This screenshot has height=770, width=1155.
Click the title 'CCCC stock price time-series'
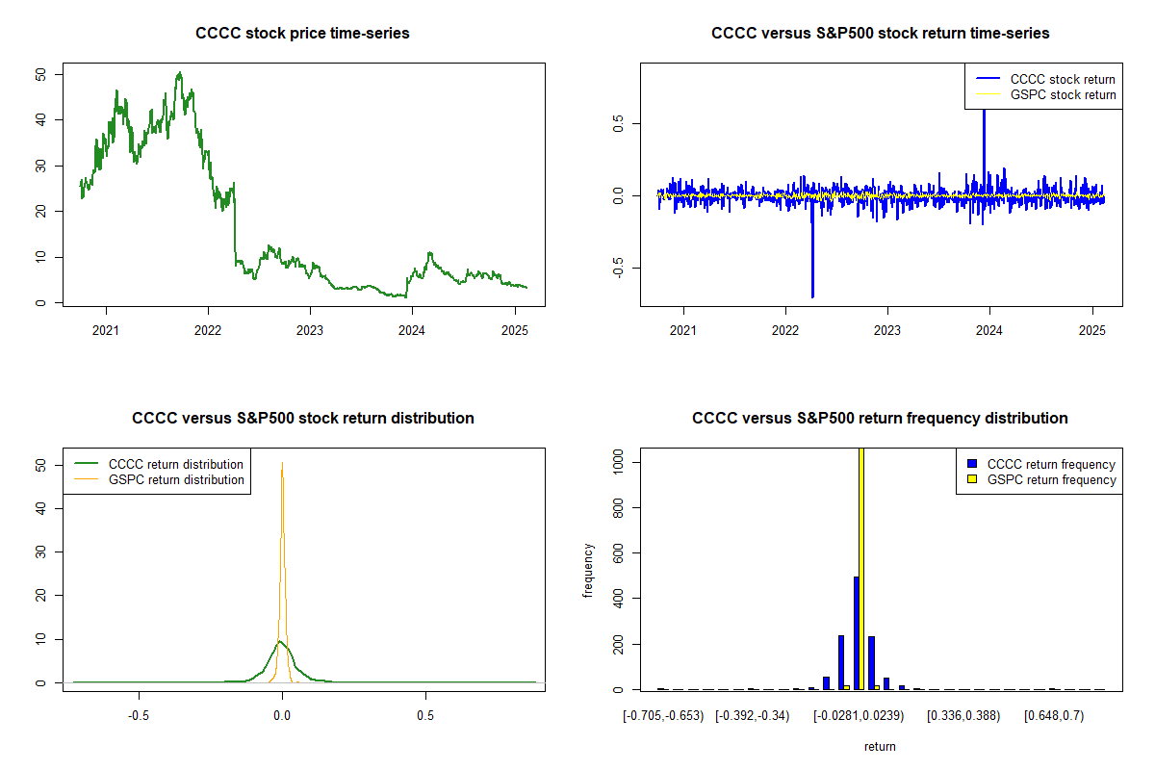point(302,34)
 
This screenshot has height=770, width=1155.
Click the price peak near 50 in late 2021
point(179,72)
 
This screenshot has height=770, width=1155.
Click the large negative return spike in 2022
point(812,294)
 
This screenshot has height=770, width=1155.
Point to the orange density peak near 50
point(282,464)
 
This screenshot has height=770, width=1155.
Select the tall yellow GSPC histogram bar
point(861,568)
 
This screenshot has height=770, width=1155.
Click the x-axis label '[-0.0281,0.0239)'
point(860,715)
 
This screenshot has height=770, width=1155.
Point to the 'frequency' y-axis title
point(588,571)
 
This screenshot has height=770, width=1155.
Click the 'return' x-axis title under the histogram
point(880,746)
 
